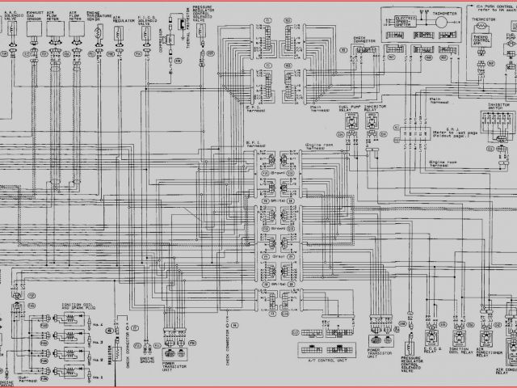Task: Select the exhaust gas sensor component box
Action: pos(34,31)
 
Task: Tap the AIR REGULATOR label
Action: pos(120,15)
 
